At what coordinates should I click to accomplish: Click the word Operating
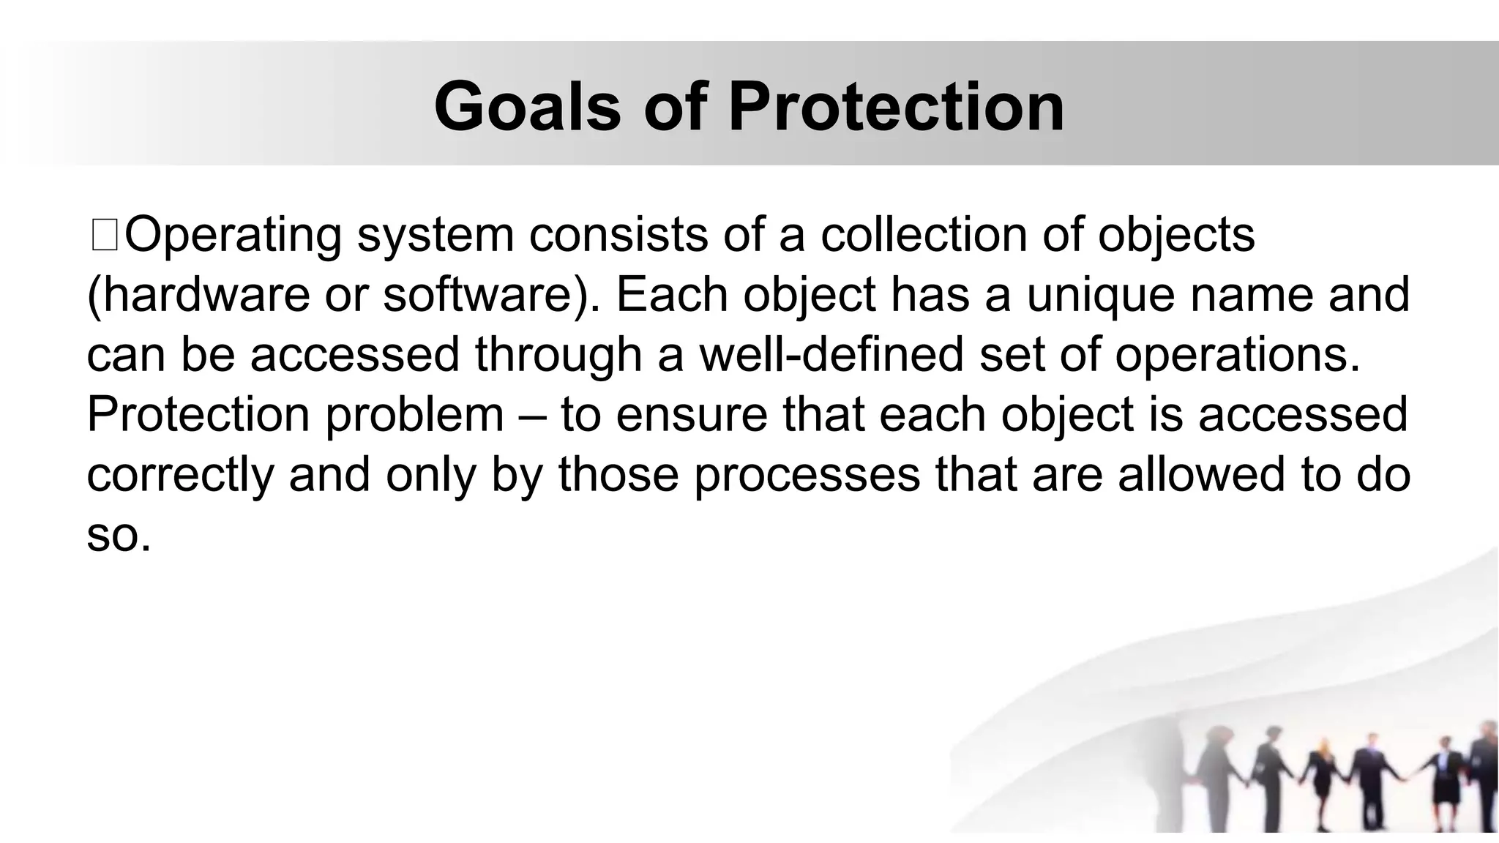(x=233, y=236)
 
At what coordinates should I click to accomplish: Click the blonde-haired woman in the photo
(x=1322, y=776)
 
